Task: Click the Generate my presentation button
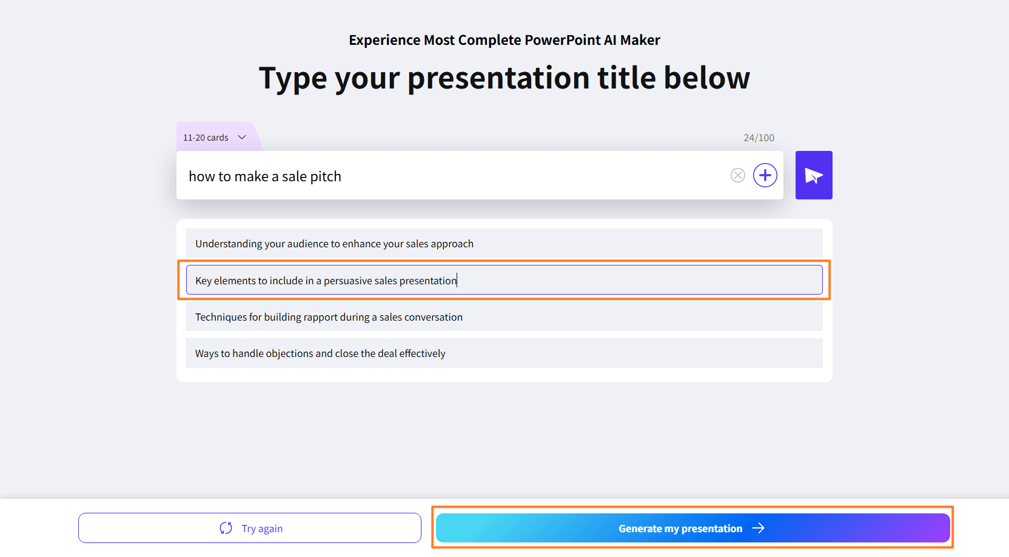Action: click(693, 528)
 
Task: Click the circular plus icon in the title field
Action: click(765, 175)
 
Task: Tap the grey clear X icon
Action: click(737, 175)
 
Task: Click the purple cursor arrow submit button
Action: click(814, 175)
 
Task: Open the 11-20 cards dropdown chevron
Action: click(242, 138)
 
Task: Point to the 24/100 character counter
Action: click(759, 138)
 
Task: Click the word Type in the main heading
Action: click(293, 78)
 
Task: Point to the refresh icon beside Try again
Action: click(226, 528)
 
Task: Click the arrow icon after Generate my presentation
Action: click(759, 528)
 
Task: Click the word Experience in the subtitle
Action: click(384, 41)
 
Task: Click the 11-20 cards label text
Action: click(206, 138)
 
